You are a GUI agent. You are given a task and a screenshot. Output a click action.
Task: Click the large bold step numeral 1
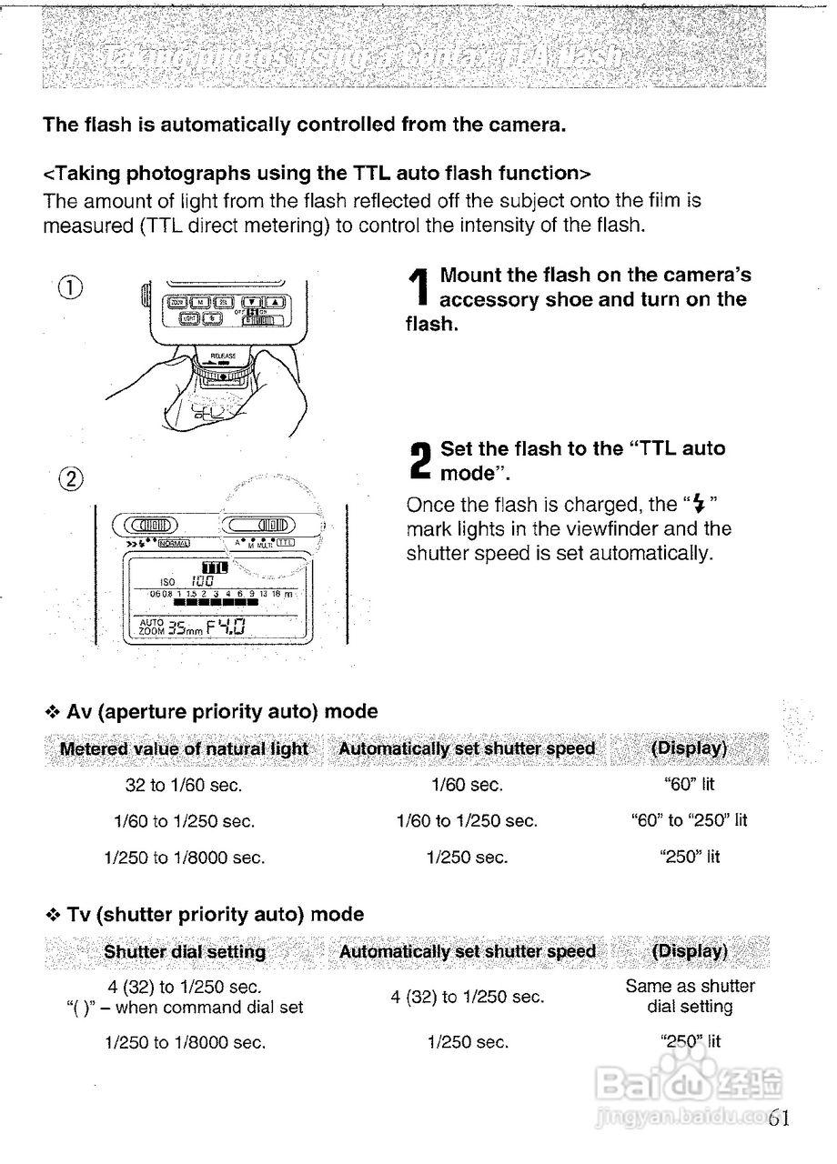(x=418, y=287)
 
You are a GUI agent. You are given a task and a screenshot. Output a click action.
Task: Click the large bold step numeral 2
(x=419, y=461)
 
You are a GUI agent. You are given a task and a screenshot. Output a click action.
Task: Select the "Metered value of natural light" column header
(x=184, y=748)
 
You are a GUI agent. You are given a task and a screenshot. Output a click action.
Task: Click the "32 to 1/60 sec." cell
(x=184, y=784)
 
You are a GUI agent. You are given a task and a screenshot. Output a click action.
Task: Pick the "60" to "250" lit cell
(x=689, y=820)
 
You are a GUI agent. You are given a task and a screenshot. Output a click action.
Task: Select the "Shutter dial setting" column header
(x=185, y=951)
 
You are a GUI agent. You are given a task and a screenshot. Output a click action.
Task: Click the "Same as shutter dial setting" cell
(x=690, y=996)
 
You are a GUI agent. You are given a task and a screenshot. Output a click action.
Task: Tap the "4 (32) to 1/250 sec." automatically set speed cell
(x=468, y=997)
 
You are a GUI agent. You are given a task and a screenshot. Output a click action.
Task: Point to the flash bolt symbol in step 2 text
(x=699, y=504)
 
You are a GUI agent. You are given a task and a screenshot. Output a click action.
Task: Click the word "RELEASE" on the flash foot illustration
(x=223, y=356)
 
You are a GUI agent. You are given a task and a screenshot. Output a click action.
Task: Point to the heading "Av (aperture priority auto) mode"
(x=222, y=711)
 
